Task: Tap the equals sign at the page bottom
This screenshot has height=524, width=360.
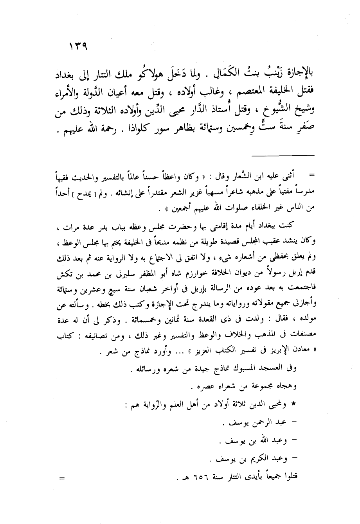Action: pos(61,477)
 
